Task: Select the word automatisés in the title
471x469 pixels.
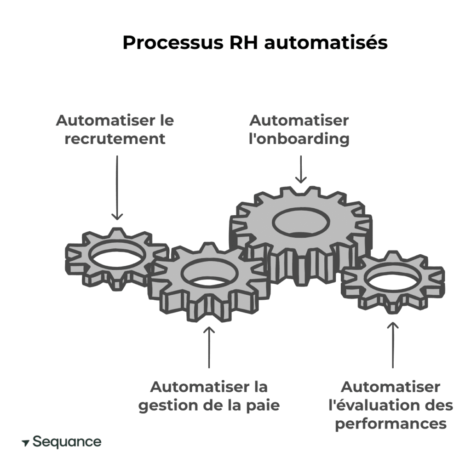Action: tap(326, 43)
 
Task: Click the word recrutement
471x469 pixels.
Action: tap(115, 139)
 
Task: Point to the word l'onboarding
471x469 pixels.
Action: tap(299, 139)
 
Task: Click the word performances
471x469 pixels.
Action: tap(391, 423)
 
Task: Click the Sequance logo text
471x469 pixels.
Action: tap(67, 442)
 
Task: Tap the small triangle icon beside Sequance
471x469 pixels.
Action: tap(26, 443)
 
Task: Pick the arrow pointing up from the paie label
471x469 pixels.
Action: tap(209, 347)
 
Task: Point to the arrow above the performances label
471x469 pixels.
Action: tap(392, 345)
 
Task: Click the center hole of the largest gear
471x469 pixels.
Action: tap(300, 223)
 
